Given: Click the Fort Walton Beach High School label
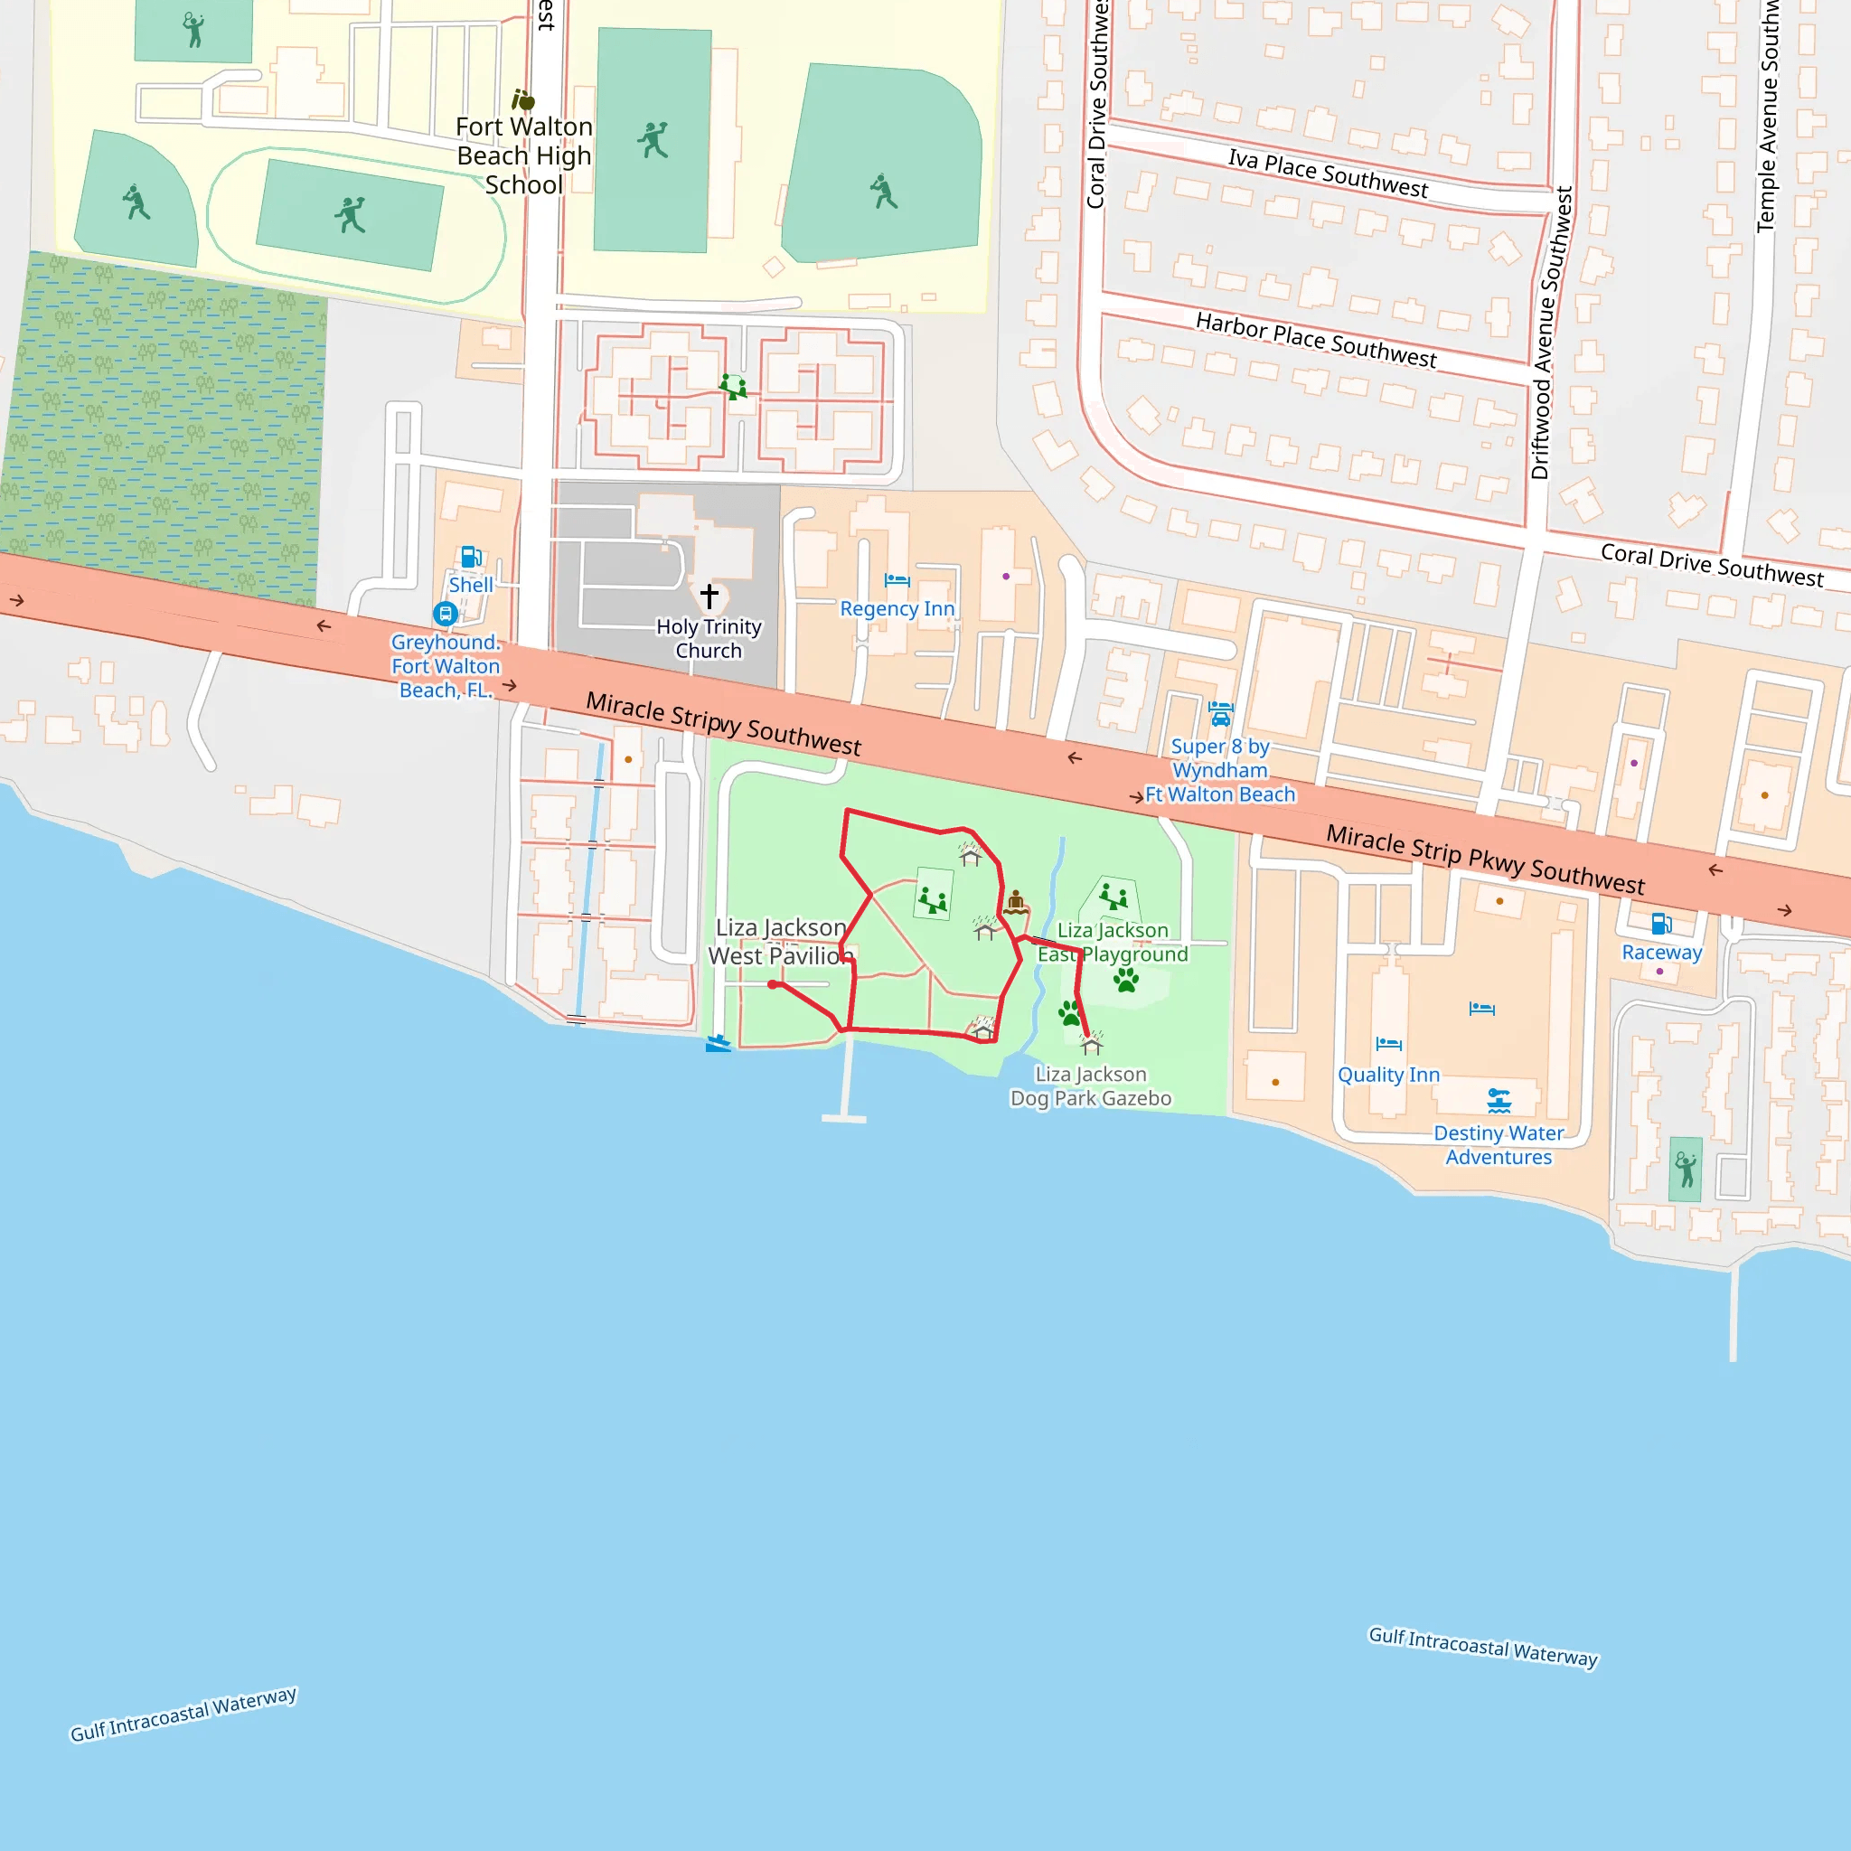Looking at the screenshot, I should [x=523, y=155].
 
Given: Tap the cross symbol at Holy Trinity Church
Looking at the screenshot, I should [x=709, y=596].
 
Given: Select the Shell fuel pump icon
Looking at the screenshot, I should [x=470, y=557].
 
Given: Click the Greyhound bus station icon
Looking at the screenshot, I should [x=445, y=613].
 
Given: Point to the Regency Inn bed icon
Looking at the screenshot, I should [x=897, y=579].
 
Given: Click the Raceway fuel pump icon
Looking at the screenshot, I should [x=1661, y=924].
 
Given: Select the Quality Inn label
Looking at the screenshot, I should [x=1388, y=1074].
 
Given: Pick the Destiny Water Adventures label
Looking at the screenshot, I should [x=1499, y=1145].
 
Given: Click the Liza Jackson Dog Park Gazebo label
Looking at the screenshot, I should [x=1090, y=1086].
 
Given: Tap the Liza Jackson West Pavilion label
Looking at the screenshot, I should [x=780, y=941].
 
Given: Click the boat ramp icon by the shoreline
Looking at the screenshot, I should [x=718, y=1043].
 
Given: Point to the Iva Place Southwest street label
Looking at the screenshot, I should [x=1328, y=174].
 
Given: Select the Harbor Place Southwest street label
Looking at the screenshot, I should [x=1315, y=340].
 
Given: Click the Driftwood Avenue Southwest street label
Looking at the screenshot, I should [x=1552, y=334].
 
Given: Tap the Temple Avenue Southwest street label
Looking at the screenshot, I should [x=1768, y=115].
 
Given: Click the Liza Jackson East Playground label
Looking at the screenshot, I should [x=1113, y=942].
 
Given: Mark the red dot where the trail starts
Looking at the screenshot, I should [x=772, y=984].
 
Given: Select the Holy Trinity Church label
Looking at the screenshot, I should [x=709, y=638].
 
